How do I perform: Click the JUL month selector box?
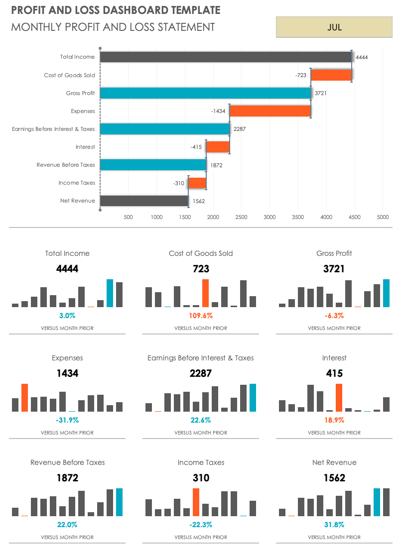point(334,27)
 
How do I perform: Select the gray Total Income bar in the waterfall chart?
point(226,57)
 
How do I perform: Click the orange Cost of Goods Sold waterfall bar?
point(331,75)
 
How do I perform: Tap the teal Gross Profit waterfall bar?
point(205,93)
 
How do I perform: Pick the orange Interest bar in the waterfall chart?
point(218,147)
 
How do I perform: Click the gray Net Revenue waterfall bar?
point(144,201)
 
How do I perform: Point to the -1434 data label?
point(218,111)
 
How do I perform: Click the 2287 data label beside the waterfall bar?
point(240,129)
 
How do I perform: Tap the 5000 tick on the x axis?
point(383,217)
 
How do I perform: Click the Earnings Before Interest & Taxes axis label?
point(53,129)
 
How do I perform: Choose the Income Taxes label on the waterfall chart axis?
point(77,183)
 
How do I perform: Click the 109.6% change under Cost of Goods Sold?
point(201,316)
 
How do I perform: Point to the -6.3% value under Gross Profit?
point(334,316)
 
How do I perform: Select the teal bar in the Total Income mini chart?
point(110,293)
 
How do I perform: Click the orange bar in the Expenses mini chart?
point(25,398)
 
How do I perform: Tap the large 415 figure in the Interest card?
point(334,373)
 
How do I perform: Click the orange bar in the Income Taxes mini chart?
point(196,502)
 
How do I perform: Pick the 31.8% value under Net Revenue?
point(334,525)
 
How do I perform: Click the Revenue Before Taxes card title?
point(68,462)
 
